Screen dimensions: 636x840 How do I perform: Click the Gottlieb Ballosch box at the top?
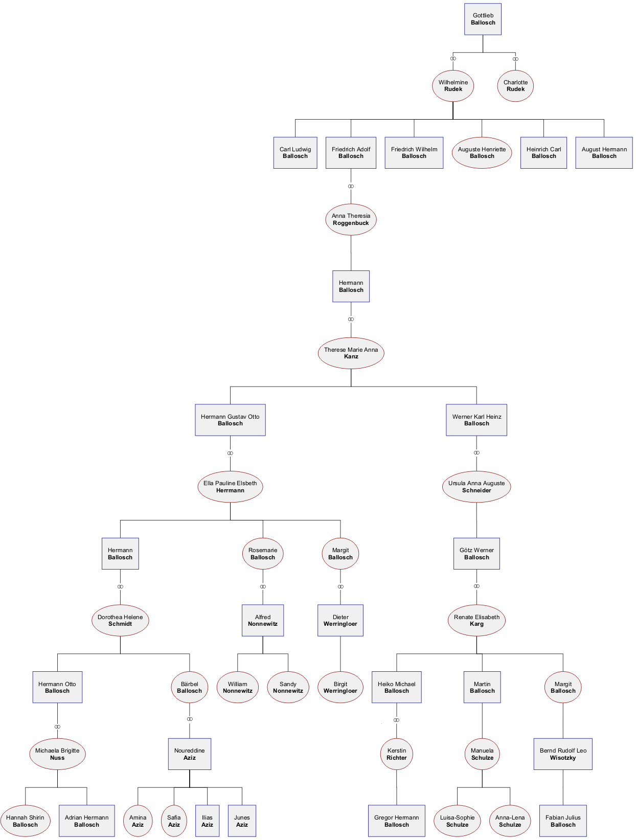483,19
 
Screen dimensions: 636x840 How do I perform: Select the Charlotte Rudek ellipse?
515,86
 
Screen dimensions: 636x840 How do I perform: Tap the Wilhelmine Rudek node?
452,86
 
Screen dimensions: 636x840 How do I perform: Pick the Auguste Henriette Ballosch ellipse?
482,153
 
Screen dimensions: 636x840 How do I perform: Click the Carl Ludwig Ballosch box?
295,153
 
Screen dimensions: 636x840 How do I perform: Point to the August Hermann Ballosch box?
604,153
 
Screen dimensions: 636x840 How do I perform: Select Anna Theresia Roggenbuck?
351,219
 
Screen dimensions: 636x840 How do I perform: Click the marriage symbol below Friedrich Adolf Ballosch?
351,187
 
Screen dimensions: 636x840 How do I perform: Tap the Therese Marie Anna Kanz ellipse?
351,353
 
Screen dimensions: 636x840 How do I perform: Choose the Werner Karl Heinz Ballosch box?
476,420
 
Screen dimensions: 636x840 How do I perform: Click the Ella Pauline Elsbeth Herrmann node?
230,486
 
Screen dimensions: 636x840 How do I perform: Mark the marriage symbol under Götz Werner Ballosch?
476,586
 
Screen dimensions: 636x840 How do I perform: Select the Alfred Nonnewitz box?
262,620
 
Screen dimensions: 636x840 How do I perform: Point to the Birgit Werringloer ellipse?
340,687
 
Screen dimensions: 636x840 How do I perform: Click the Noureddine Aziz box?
190,754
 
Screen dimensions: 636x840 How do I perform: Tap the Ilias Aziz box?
207,821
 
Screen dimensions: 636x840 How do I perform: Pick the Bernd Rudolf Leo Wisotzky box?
562,754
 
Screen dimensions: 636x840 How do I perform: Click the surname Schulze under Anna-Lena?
510,824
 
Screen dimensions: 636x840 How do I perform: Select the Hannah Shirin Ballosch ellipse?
25,821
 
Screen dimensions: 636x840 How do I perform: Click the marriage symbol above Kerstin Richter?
396,720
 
